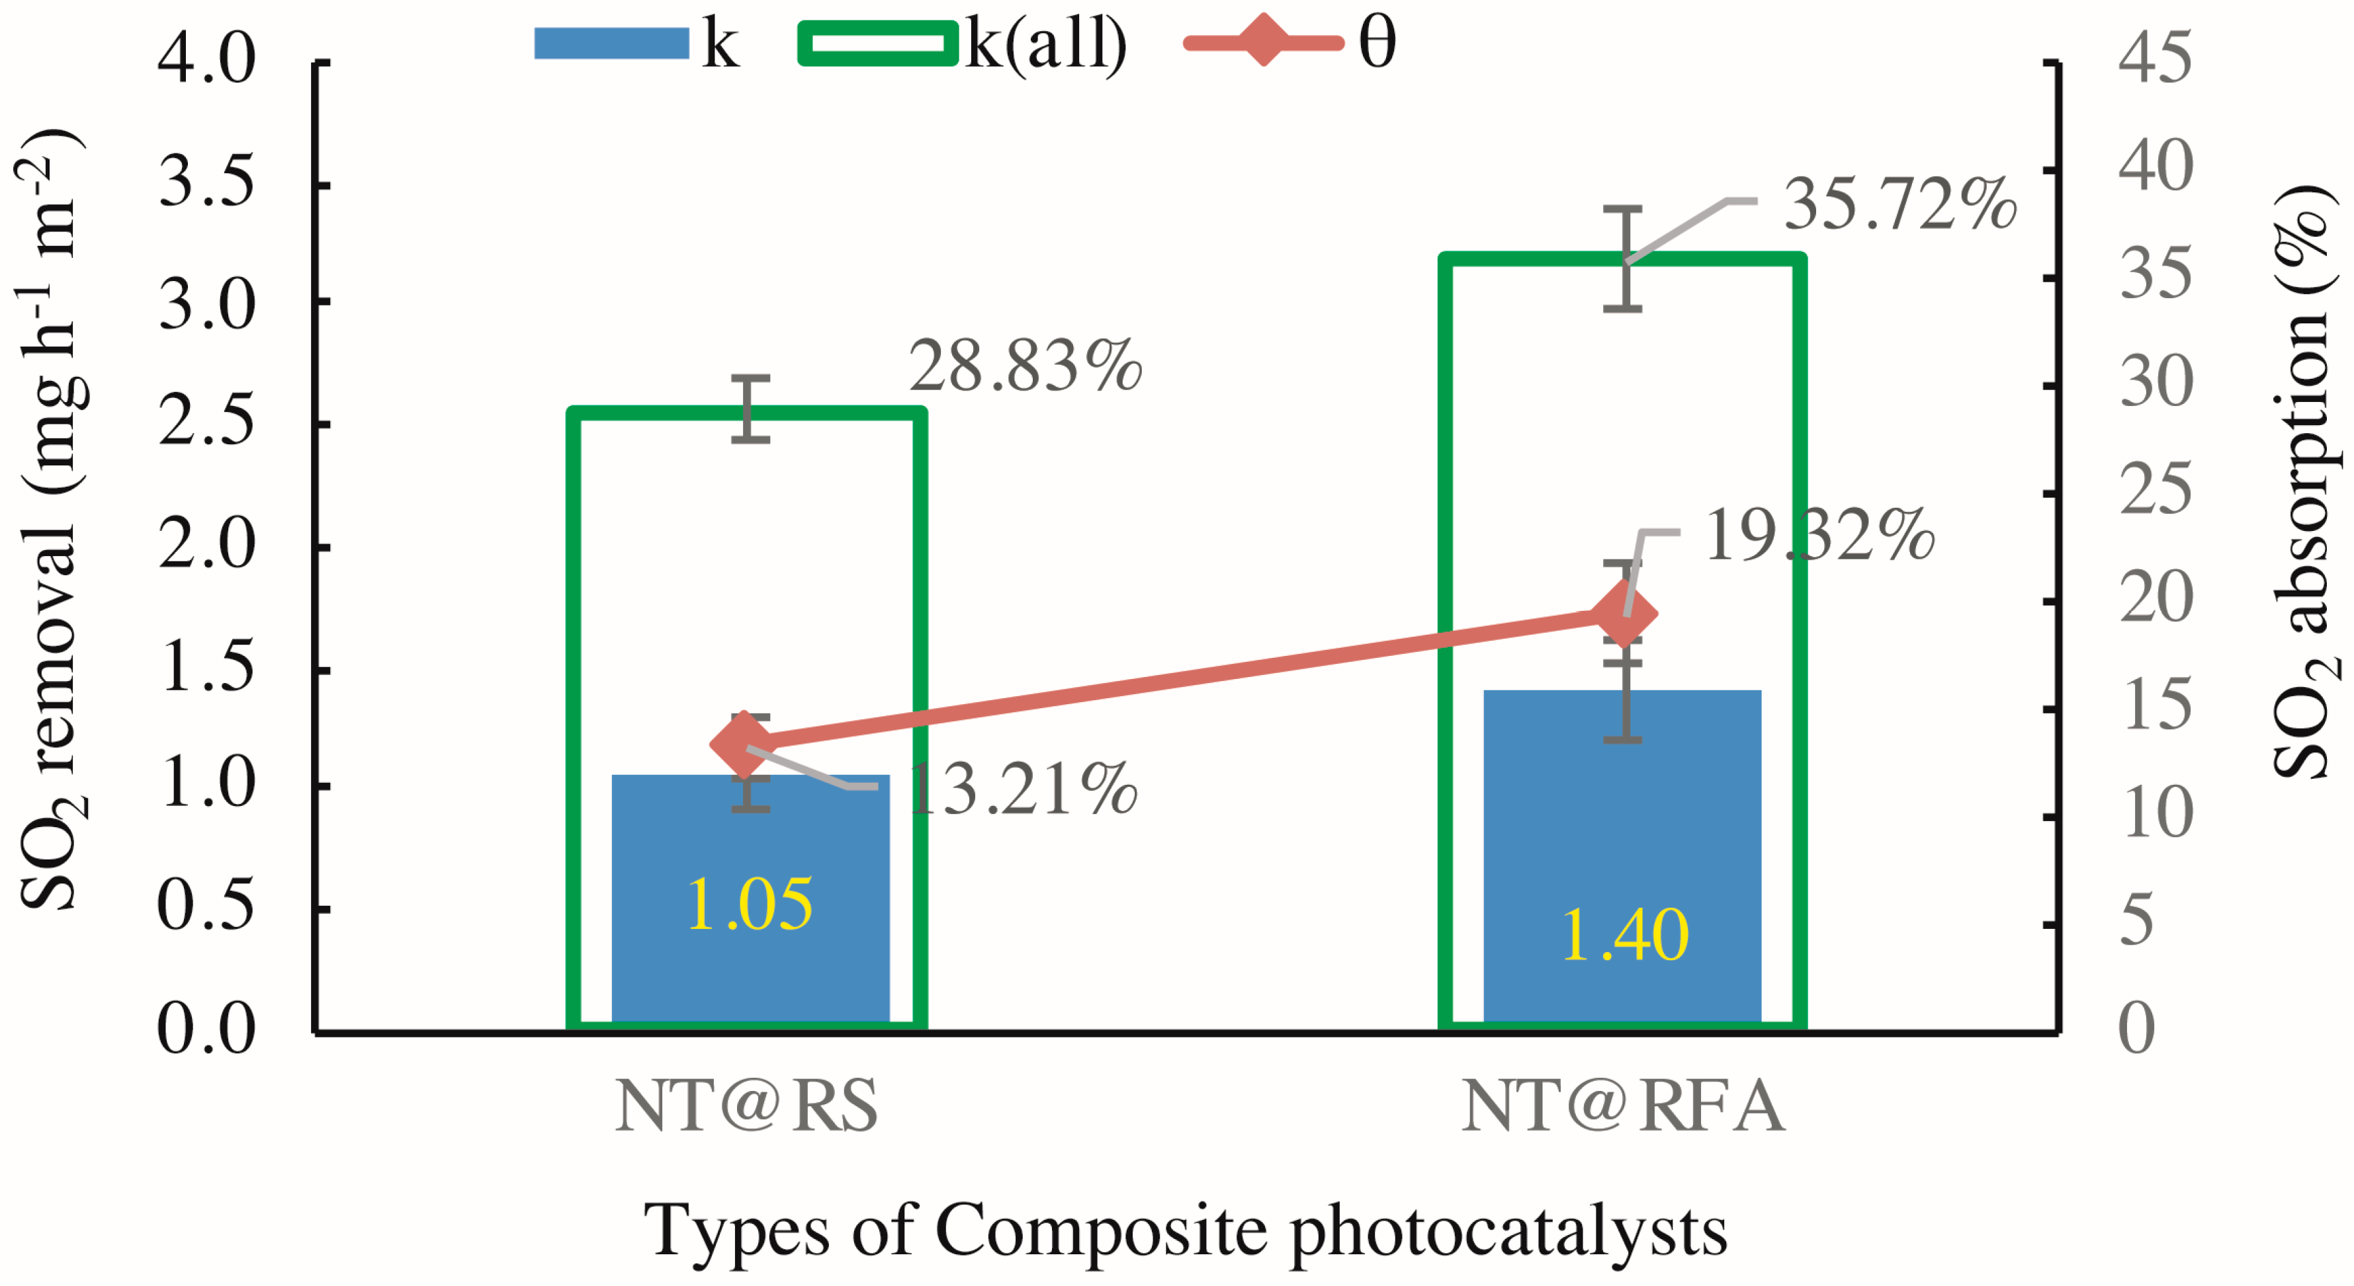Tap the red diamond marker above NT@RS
(x=746, y=745)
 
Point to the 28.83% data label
(x=1025, y=367)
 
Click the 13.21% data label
(x=1024, y=790)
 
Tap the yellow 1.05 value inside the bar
(x=750, y=905)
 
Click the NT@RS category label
(x=746, y=1107)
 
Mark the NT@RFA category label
(x=1623, y=1107)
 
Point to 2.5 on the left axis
(x=206, y=423)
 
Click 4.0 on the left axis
(x=206, y=62)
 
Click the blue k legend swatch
(x=611, y=43)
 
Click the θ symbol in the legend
(x=1377, y=43)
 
